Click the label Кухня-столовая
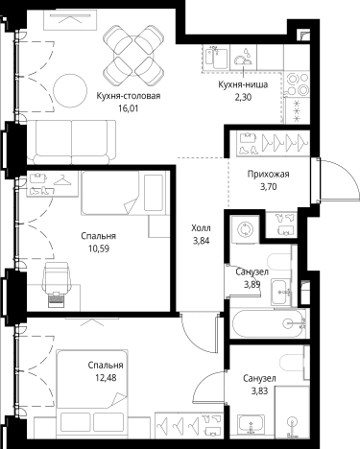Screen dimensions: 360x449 129,96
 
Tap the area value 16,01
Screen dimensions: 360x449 129,108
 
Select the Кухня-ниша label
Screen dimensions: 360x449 243,84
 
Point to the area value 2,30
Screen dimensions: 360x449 243,97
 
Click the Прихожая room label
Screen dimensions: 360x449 268,175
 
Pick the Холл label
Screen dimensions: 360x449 201,228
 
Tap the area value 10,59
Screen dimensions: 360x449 99,248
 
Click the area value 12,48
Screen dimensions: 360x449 106,378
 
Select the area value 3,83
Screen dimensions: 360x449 259,390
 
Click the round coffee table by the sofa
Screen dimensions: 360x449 70,91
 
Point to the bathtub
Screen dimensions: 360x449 269,323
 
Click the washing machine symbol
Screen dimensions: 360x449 245,229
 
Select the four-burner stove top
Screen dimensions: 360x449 297,84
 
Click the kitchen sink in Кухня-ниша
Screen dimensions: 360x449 216,58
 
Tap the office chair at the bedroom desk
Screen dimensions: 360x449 57,277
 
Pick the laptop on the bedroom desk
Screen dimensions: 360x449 57,299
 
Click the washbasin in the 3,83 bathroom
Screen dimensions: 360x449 252,424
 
